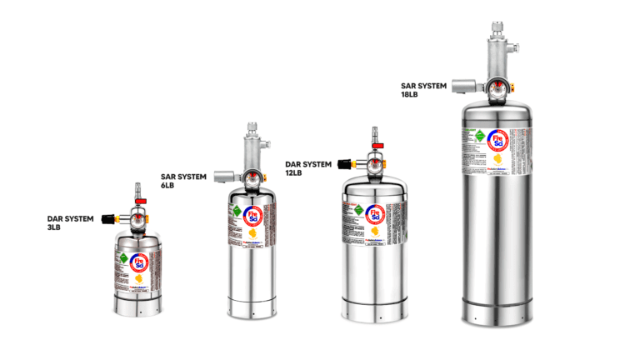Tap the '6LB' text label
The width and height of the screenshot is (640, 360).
tap(168, 186)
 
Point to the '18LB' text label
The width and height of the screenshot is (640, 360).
tap(409, 94)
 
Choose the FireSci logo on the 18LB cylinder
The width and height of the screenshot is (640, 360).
tap(498, 140)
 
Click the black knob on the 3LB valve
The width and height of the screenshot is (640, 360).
tap(107, 218)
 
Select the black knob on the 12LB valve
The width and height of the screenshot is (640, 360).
tap(344, 163)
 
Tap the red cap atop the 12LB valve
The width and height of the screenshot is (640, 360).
tap(377, 147)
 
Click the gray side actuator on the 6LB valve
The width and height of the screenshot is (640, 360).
tap(223, 176)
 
